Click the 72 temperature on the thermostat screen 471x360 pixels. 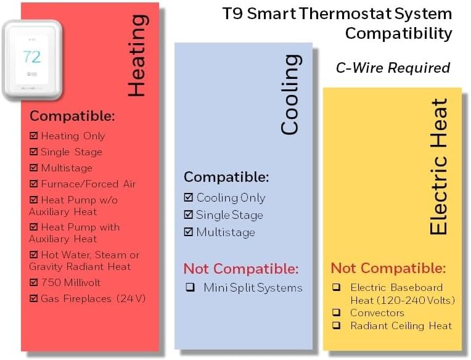(x=31, y=57)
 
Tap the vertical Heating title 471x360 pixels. (x=136, y=55)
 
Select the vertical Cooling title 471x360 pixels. (x=289, y=94)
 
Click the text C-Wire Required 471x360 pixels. (x=393, y=68)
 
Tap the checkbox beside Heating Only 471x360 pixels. (x=34, y=136)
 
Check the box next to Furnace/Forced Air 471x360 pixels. (x=34, y=184)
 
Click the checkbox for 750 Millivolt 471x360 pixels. (x=34, y=282)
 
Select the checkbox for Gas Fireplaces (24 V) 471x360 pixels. (x=34, y=298)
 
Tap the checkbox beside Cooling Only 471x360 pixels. (x=189, y=198)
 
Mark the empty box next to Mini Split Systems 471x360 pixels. (x=190, y=287)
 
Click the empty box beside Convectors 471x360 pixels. (x=337, y=313)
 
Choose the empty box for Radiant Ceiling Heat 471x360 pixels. (x=337, y=325)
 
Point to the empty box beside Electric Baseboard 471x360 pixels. (x=337, y=287)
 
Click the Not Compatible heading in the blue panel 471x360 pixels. (x=241, y=269)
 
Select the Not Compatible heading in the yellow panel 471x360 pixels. (x=388, y=268)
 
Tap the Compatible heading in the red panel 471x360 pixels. (x=72, y=116)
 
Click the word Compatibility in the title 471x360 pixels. (x=398, y=33)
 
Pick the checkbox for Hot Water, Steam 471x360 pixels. (x=34, y=255)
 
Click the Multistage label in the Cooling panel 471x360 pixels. (x=225, y=232)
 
